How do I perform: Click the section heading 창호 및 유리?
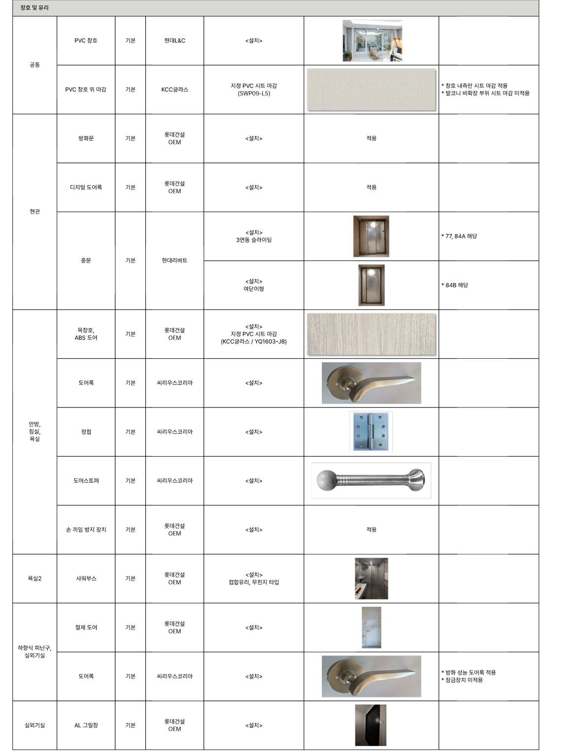coord(34,8)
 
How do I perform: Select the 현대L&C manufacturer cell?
coord(175,40)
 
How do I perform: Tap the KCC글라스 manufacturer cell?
coord(175,90)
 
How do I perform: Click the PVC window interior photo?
coord(372,41)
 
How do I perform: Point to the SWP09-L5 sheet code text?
coord(254,94)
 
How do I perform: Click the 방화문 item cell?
coord(86,138)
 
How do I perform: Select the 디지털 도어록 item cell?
coord(86,188)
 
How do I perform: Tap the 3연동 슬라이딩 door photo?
coord(371,236)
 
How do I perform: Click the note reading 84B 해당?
coord(456,285)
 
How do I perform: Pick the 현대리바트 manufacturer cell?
coord(175,260)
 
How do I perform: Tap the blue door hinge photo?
coord(371,432)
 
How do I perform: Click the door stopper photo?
coord(371,480)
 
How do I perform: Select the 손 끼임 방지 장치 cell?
coord(86,530)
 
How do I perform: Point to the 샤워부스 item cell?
coord(86,579)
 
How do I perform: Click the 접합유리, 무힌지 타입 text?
coord(254,582)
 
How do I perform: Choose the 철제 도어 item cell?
coord(86,627)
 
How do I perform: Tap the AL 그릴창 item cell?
coord(86,725)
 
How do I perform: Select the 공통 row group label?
coord(34,65)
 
